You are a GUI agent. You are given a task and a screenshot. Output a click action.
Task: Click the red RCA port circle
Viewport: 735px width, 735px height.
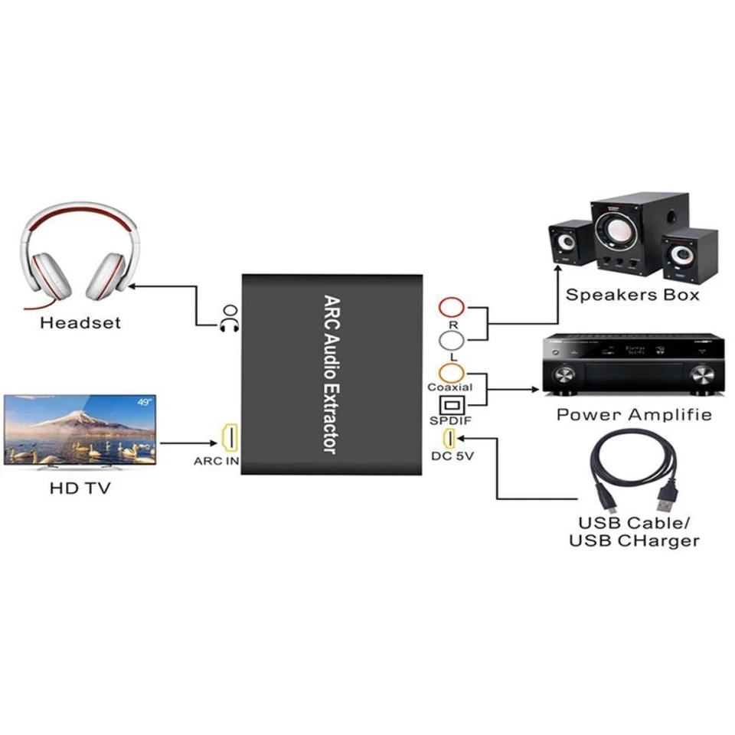pyautogui.click(x=452, y=309)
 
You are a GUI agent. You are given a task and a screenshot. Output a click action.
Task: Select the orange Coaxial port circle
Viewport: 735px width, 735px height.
pyautogui.click(x=452, y=373)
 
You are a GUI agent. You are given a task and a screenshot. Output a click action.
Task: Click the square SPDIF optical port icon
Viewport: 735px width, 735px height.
pyautogui.click(x=450, y=404)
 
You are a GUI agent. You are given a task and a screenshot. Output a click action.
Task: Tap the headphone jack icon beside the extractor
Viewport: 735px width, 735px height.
pyautogui.click(x=229, y=317)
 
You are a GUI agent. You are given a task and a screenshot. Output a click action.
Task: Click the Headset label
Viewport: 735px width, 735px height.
pyautogui.click(x=80, y=322)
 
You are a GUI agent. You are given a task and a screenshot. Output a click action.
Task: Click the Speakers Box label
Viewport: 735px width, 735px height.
pyautogui.click(x=632, y=295)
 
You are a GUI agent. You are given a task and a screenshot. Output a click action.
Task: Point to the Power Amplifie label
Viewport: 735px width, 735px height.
pyautogui.click(x=634, y=415)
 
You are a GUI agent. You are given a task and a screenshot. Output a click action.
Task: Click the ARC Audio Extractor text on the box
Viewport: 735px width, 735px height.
pyautogui.click(x=331, y=374)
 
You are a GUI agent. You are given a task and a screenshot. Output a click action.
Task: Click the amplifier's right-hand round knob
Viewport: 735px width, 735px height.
pyautogui.click(x=701, y=375)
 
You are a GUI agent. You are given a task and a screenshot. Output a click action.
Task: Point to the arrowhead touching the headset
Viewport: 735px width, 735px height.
pyautogui.click(x=132, y=286)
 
